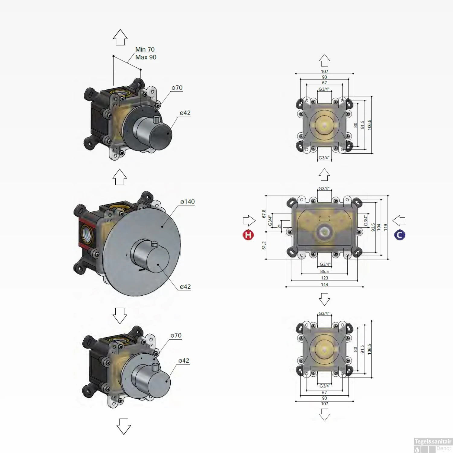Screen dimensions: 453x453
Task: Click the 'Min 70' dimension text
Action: [x=145, y=49]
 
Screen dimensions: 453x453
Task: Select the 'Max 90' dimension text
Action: [x=146, y=57]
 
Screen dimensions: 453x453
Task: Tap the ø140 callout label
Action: [x=188, y=202]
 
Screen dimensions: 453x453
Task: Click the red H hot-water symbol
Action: [x=248, y=235]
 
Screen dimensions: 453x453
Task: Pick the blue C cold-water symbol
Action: [x=400, y=235]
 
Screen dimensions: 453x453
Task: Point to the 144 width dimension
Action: [x=324, y=284]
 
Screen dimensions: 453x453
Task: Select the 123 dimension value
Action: [x=324, y=278]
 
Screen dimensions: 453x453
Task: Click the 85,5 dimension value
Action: [x=324, y=271]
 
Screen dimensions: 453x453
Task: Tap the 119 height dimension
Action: [x=385, y=227]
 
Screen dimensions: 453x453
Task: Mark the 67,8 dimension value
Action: [x=264, y=214]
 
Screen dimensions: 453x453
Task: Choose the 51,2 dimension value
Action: [x=264, y=245]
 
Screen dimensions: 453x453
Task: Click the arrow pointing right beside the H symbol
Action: [x=249, y=221]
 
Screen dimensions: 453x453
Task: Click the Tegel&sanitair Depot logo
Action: [x=432, y=445]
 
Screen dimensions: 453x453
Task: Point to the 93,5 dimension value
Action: [x=373, y=227]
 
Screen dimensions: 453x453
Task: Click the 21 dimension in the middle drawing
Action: [x=279, y=226]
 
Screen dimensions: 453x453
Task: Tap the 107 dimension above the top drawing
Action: [x=324, y=72]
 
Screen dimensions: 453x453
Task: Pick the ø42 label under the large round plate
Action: [x=185, y=287]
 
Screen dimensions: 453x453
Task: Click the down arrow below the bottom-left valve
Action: [x=124, y=426]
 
